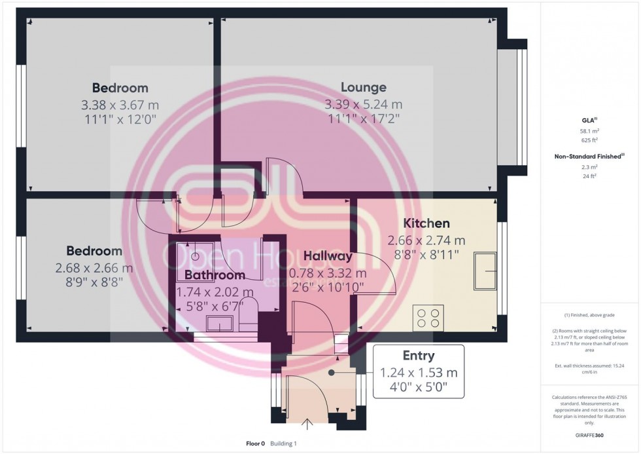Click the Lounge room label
[x=363, y=87]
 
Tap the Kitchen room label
[x=426, y=223]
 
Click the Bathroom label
[x=215, y=275]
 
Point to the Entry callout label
[x=418, y=356]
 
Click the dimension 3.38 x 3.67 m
[x=120, y=105]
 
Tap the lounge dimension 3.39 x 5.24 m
[x=363, y=105]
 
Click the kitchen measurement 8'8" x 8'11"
[x=426, y=253]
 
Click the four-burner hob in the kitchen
[x=428, y=318]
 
